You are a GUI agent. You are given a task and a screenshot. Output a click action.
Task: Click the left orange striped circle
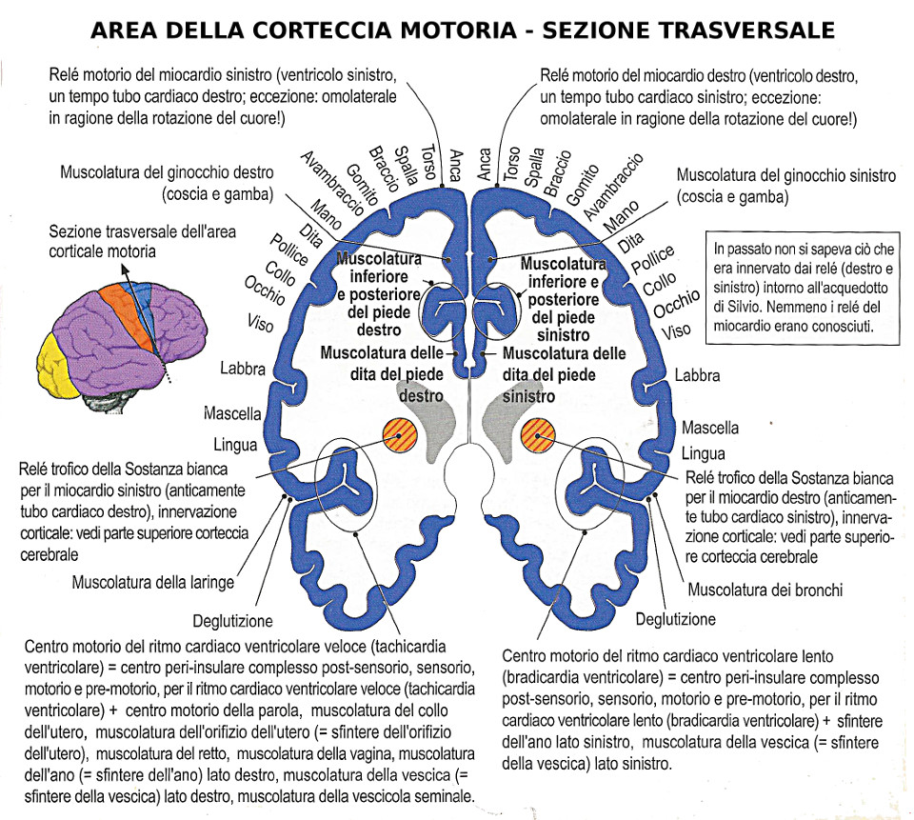399,435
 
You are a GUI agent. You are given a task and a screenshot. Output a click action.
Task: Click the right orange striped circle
538,435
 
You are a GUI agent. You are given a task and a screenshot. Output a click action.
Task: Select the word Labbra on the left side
243,369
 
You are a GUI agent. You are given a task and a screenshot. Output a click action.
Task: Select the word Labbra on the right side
698,376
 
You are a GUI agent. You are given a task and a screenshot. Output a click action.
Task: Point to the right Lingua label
703,453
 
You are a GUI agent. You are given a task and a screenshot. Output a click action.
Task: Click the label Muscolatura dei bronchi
765,590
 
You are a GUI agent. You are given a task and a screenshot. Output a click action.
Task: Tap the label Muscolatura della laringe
152,582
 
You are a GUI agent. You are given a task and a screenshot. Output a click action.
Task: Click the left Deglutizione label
232,621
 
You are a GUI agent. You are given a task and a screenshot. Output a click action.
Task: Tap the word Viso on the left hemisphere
260,323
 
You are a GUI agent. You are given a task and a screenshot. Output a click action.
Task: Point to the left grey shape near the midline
433,427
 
